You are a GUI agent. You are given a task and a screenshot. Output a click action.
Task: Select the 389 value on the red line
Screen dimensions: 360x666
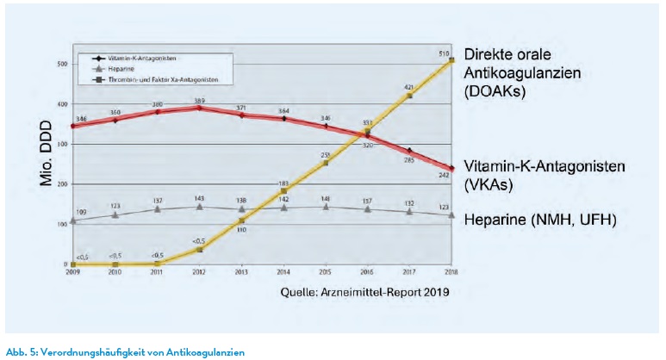tap(199, 101)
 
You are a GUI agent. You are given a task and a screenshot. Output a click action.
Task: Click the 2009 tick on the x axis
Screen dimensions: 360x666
tap(73, 271)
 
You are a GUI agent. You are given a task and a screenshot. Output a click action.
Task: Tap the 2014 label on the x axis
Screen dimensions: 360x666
tap(283, 271)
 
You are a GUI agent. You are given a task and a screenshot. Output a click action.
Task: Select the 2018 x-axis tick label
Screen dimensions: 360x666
tap(449, 271)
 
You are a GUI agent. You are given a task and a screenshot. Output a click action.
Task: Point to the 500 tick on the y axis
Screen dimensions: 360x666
tap(62, 65)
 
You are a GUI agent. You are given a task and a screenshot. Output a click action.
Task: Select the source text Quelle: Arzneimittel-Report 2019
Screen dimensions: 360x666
tap(364, 292)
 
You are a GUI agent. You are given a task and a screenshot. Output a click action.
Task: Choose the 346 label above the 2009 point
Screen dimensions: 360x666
tap(80, 117)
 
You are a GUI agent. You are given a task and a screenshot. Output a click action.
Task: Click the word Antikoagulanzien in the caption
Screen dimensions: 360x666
tap(211, 351)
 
